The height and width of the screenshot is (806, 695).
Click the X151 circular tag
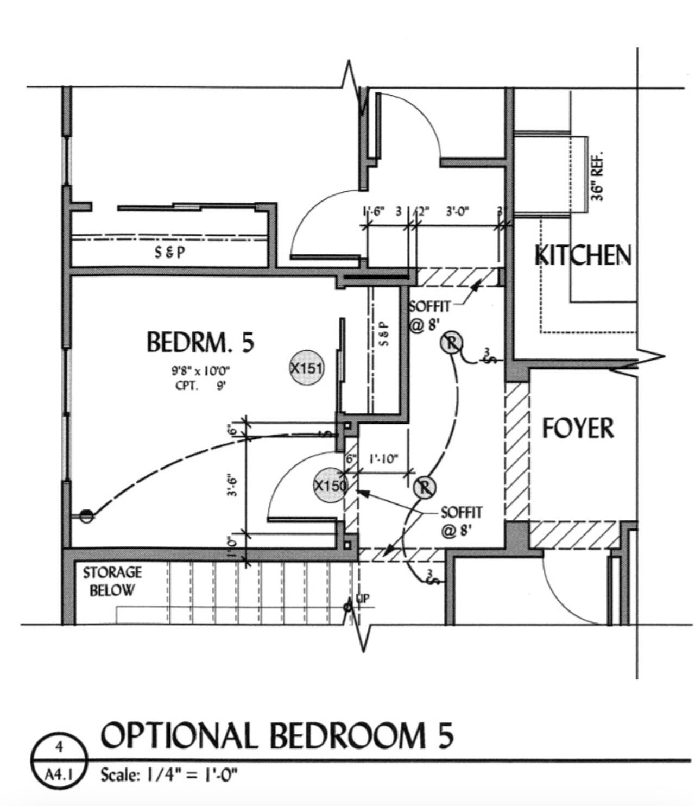(x=307, y=368)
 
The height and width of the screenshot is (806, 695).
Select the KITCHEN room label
(x=584, y=255)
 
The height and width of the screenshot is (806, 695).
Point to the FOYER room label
(x=578, y=428)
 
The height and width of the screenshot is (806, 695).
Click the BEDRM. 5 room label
(x=200, y=343)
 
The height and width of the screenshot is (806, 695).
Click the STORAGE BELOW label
(x=112, y=581)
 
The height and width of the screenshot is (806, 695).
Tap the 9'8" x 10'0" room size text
(x=198, y=371)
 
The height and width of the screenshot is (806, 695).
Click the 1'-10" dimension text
(x=383, y=459)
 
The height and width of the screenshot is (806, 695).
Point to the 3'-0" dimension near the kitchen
(x=457, y=211)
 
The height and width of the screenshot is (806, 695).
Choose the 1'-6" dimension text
(x=374, y=211)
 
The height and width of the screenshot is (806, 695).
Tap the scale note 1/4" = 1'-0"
(x=169, y=774)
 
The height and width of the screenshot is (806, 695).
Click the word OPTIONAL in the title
(x=179, y=736)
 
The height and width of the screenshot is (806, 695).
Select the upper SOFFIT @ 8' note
(x=429, y=315)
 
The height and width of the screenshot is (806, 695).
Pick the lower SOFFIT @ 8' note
(x=461, y=520)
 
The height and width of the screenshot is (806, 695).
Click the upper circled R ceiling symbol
(x=451, y=343)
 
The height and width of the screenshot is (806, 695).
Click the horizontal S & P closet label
(x=170, y=252)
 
